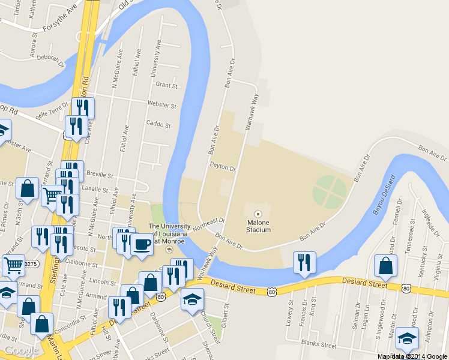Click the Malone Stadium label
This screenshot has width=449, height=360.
click(259, 226)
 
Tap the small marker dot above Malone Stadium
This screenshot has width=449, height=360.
click(259, 214)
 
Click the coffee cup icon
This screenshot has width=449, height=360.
click(142, 244)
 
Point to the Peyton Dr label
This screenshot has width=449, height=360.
click(223, 167)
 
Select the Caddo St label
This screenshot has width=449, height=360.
click(158, 125)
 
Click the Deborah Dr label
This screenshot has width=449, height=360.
click(49, 58)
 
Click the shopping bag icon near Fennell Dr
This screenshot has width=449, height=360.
click(385, 265)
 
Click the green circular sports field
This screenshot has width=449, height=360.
click(330, 191)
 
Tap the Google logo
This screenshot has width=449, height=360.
click(22, 350)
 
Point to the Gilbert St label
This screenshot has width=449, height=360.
click(226, 313)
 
